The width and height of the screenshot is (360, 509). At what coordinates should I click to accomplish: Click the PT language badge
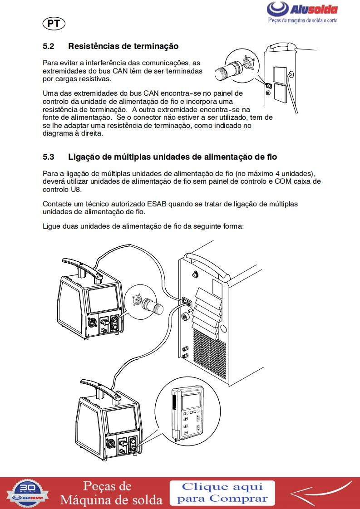pos(54,24)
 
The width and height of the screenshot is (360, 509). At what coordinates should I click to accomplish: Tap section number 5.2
pos(49,46)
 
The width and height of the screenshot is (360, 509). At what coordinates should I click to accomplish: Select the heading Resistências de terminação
pos(123,46)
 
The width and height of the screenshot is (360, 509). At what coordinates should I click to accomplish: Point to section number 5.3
pos(49,157)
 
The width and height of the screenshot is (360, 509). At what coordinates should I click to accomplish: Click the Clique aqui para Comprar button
pos(222,493)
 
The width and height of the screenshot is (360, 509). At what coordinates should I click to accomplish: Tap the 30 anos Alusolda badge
pos(29,493)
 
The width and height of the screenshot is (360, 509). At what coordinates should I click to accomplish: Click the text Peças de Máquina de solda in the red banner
pos(111,493)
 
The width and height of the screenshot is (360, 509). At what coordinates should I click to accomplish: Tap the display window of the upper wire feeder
pos(104,299)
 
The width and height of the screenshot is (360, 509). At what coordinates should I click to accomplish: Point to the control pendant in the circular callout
pos(188,413)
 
